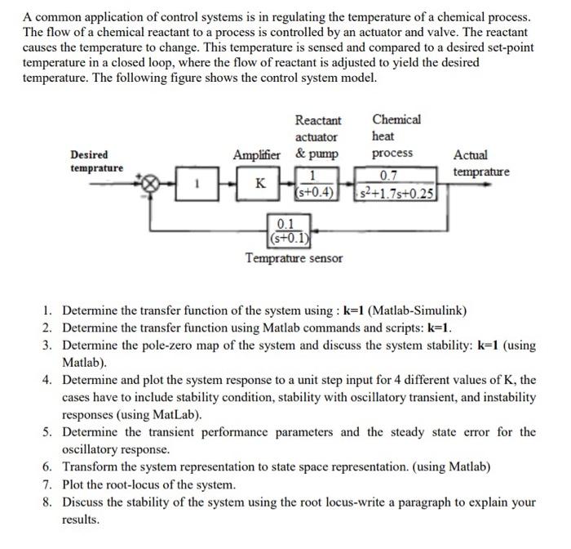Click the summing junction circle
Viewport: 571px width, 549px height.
pyautogui.click(x=149, y=185)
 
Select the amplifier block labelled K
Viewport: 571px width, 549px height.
pyautogui.click(x=259, y=184)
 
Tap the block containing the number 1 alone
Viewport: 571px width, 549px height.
pyautogui.click(x=197, y=185)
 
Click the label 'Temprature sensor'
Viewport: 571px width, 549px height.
pyautogui.click(x=294, y=258)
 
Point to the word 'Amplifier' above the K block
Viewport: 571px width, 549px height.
pyautogui.click(x=256, y=154)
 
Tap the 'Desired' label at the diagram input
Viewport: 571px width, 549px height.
pyautogui.click(x=90, y=154)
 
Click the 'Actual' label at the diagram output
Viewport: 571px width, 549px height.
pyautogui.click(x=471, y=154)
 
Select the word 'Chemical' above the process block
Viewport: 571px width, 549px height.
pyautogui.click(x=396, y=119)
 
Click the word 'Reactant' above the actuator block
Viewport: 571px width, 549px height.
pyautogui.click(x=318, y=120)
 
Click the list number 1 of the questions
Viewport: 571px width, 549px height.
pyautogui.click(x=48, y=310)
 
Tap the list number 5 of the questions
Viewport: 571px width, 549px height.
pyautogui.click(x=48, y=432)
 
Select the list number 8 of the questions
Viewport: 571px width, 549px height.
pyautogui.click(x=48, y=502)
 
